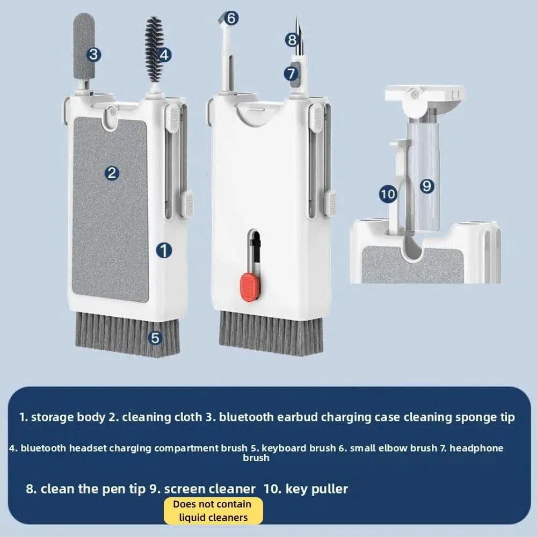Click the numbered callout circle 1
[x=164, y=250]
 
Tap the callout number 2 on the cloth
[x=112, y=173]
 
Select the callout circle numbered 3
[x=93, y=54]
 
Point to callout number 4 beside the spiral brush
[x=164, y=55]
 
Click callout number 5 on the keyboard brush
[x=155, y=338]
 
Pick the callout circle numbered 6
[x=231, y=18]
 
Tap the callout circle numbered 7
[x=292, y=73]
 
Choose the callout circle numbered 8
[x=292, y=40]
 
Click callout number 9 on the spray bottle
[x=427, y=186]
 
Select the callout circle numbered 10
[x=388, y=194]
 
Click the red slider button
[x=250, y=287]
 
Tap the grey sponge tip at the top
[x=84, y=46]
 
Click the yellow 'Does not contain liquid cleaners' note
[x=213, y=511]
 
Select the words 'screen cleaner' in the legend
[x=209, y=489]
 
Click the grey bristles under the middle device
[x=271, y=333]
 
